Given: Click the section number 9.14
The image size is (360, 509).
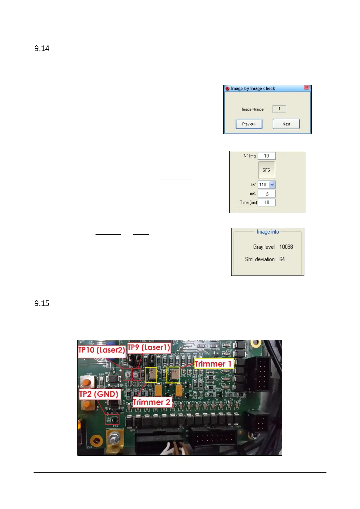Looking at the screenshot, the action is tap(42, 48).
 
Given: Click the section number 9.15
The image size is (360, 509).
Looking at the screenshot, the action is tap(42, 303).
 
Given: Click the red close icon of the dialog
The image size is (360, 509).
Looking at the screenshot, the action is tap(306, 87).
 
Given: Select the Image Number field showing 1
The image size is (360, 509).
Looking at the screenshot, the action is tap(279, 109).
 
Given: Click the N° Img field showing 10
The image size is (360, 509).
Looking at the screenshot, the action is tap(266, 156).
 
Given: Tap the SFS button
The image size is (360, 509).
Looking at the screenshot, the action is tap(266, 170).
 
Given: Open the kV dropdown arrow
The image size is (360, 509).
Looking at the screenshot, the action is tap(272, 184).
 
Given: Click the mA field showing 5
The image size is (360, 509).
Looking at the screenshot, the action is tap(267, 194).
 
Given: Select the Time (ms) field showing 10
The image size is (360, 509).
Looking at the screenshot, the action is tap(267, 202).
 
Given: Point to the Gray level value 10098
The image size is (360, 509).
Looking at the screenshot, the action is tap(286, 247).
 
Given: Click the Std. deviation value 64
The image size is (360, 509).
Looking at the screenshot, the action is tap(282, 259).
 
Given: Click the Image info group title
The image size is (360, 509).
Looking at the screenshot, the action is tap(268, 232).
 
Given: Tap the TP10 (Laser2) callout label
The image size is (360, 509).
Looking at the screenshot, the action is tap(102, 350).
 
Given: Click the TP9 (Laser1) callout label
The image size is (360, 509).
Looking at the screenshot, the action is tap(149, 347).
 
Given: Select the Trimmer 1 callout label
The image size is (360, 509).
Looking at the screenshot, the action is tap(213, 364).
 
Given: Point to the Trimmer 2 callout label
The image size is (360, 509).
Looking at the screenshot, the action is tap(152, 402).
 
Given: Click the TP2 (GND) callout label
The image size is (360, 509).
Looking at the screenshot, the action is tap(99, 394).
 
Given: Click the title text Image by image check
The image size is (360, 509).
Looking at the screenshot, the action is tap(253, 88).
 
